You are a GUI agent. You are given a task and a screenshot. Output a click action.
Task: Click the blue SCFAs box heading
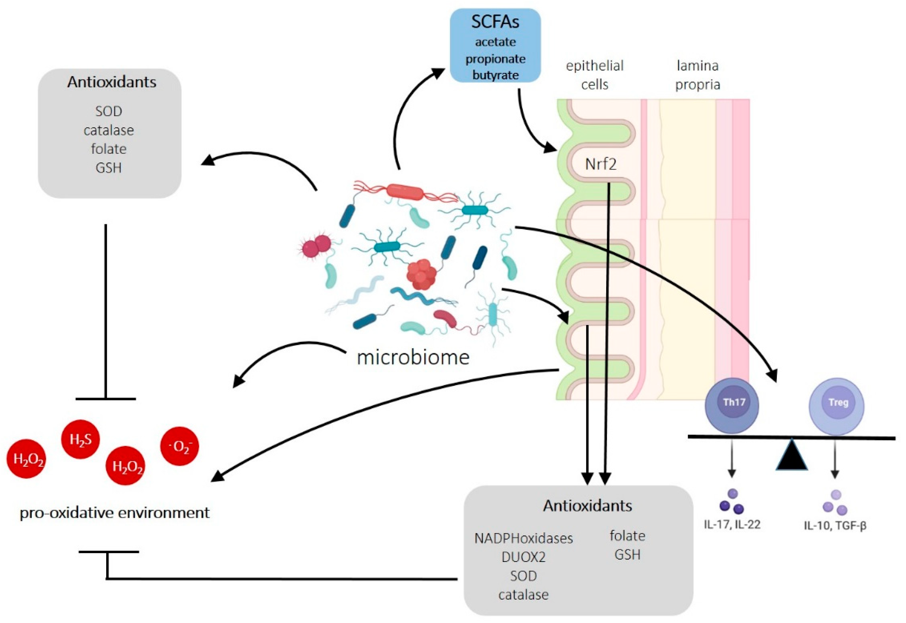pyautogui.click(x=495, y=22)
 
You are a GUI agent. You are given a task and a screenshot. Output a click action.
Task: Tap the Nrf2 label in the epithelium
pyautogui.click(x=600, y=164)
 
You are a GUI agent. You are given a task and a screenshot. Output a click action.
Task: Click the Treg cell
pyautogui.click(x=836, y=406)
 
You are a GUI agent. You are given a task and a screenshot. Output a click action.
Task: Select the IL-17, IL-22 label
pyautogui.click(x=732, y=524)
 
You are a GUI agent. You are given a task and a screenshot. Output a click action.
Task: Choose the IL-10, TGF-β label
pyautogui.click(x=835, y=525)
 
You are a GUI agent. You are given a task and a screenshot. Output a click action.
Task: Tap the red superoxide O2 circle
pyautogui.click(x=180, y=446)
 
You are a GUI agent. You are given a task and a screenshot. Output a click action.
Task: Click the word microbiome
pyautogui.click(x=413, y=357)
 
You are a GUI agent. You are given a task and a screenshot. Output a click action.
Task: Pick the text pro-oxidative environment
pyautogui.click(x=114, y=512)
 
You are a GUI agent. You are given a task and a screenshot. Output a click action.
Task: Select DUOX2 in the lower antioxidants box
pyautogui.click(x=523, y=557)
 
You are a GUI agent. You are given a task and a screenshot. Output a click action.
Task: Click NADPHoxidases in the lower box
pyautogui.click(x=523, y=538)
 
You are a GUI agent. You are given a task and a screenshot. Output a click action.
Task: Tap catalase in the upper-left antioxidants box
pyautogui.click(x=109, y=130)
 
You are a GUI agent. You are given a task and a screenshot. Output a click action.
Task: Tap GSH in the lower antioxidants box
pyautogui.click(x=627, y=555)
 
